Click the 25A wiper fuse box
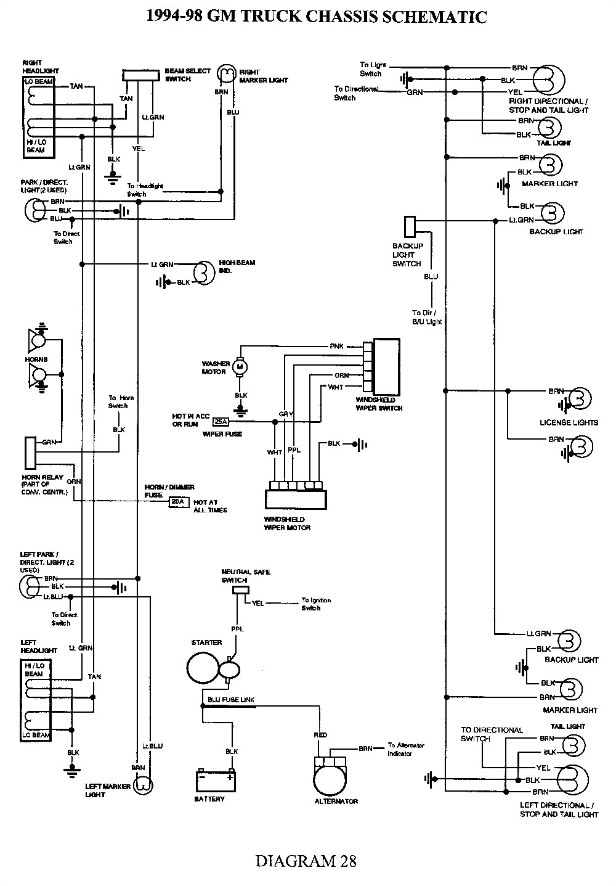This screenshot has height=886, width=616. click(x=220, y=422)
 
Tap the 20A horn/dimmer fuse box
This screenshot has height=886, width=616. click(x=177, y=502)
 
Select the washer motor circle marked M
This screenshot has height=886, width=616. click(x=241, y=367)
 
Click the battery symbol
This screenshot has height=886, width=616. click(x=215, y=781)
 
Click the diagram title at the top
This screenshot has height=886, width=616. click(x=316, y=17)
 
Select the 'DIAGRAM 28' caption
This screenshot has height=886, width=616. click(x=306, y=860)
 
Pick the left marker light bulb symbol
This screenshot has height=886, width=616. click(x=143, y=785)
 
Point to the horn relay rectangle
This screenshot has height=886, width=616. click(x=30, y=453)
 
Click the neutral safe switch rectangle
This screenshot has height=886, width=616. click(x=239, y=590)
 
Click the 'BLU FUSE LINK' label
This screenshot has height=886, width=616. click(x=231, y=700)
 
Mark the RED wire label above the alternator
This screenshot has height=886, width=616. click(x=320, y=735)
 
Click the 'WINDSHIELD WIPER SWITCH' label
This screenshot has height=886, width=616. click(x=379, y=404)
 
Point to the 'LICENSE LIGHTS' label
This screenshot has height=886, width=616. click(x=568, y=422)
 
